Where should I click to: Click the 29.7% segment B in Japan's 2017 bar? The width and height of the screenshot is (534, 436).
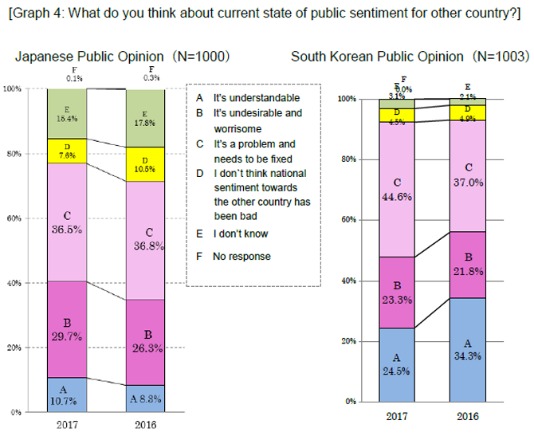coord(67,329)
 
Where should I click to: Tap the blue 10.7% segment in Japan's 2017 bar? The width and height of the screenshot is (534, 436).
coord(67,395)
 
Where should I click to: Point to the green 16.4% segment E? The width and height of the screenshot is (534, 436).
coord(67,114)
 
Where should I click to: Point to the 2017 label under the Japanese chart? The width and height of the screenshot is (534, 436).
coord(67,424)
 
